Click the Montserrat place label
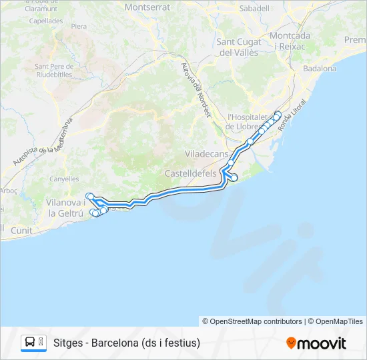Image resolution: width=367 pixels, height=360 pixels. [147, 7]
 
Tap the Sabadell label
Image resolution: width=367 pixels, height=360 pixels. [254, 9]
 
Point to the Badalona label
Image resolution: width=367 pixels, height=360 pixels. [320, 68]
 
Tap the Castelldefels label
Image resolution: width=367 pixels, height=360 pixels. [191, 173]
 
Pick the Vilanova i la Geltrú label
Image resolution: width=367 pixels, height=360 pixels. [65, 207]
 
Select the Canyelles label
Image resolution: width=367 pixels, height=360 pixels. [64, 179]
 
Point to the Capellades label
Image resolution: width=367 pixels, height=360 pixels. [46, 21]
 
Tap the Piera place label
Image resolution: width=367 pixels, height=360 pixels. [79, 26]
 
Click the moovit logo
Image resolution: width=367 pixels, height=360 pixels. [316, 343]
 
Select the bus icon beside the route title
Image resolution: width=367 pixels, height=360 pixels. [30, 343]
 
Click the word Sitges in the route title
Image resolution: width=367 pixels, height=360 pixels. [67, 343]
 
